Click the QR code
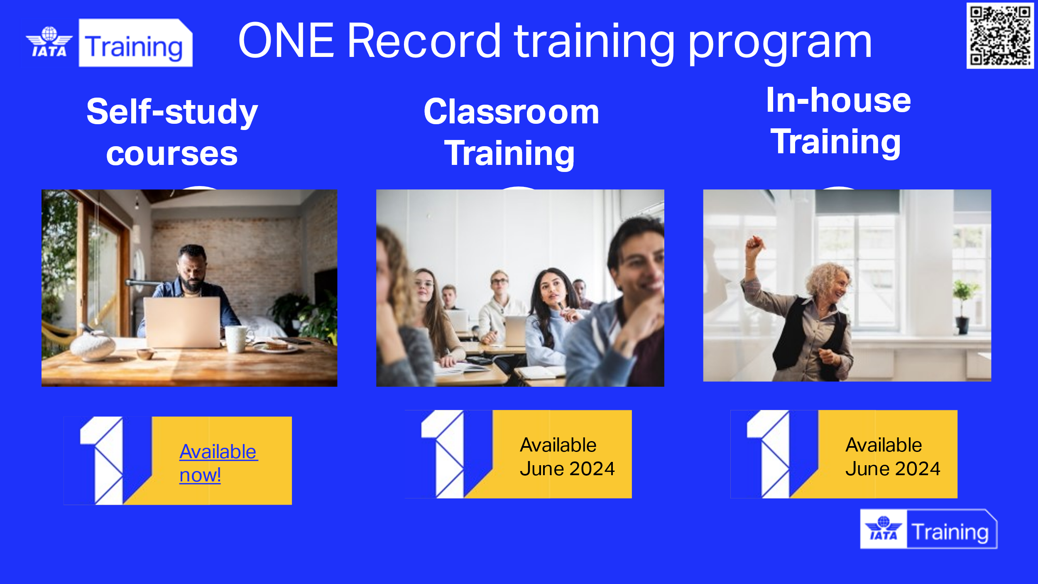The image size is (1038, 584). pos(1000,35)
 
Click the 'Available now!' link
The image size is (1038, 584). pos(218,463)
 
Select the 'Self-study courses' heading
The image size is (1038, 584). pos(172,132)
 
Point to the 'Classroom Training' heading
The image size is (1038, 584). pos(511,133)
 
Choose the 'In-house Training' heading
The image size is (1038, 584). pos(838,121)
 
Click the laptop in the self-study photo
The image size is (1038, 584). pos(182,322)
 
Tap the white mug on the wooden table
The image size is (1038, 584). pos(237,339)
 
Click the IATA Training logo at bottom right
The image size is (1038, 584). pos(929,529)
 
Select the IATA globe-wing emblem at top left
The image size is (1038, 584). pos(49,42)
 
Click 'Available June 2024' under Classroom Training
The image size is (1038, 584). pos(567,457)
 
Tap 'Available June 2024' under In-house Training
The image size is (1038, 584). pos(893,457)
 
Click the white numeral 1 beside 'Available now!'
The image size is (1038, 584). pos(102,460)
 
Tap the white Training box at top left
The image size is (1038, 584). pos(136,43)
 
